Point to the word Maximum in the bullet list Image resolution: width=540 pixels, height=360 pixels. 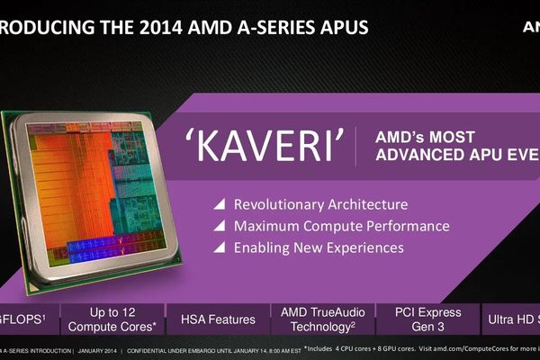click(266, 226)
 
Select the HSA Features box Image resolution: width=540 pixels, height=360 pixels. click(218, 319)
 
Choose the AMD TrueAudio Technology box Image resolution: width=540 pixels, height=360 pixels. click(319, 319)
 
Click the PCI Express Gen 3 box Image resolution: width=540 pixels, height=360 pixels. click(428, 319)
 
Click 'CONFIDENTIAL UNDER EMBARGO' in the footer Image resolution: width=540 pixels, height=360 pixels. click(175, 349)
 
